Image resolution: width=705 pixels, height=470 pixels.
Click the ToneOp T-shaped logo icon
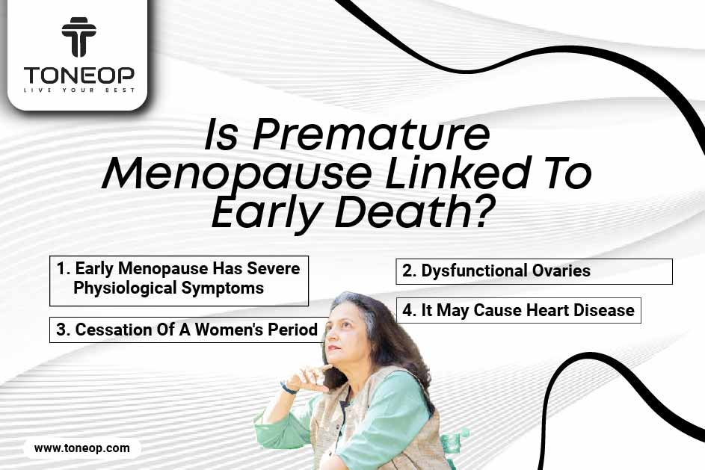[78, 37]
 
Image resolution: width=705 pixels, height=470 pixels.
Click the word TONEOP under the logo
[78, 75]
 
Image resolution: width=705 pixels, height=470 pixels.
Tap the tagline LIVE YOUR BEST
[78, 90]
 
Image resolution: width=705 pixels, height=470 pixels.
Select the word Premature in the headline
[371, 134]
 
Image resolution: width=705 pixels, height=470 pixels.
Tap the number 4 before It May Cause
[407, 310]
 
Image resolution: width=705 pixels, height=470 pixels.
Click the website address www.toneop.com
[81, 448]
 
